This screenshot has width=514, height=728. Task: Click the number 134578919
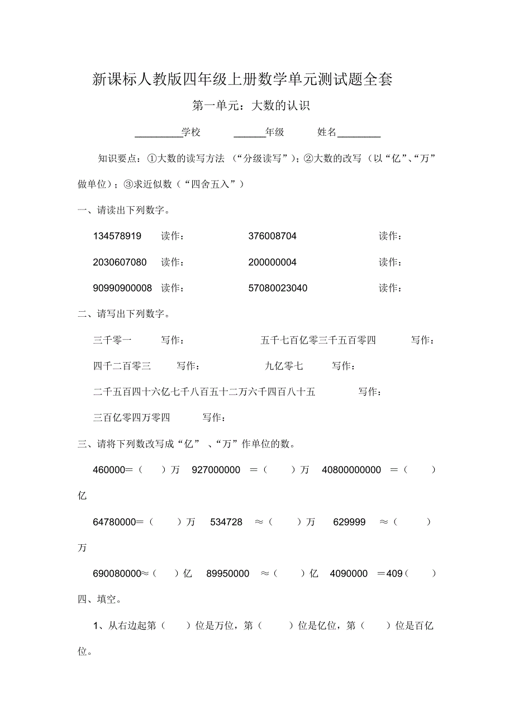[117, 236]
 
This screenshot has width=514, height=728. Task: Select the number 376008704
[272, 236]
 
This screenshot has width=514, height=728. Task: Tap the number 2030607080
[120, 263]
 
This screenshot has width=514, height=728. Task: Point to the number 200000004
[272, 263]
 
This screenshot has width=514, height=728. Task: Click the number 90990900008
[122, 288]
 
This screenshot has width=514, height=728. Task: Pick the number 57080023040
[278, 288]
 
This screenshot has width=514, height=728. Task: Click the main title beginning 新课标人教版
[242, 80]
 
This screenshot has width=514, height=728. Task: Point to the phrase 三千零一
[112, 340]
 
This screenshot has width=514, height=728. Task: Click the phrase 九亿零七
[284, 367]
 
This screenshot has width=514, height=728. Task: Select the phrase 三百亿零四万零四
[131, 418]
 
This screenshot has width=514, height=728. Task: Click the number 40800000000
[351, 470]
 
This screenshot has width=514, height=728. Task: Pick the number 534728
[226, 522]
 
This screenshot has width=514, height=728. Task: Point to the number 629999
[349, 522]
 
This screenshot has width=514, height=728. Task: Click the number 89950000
[227, 574]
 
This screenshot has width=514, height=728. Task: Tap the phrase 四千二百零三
[122, 367]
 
